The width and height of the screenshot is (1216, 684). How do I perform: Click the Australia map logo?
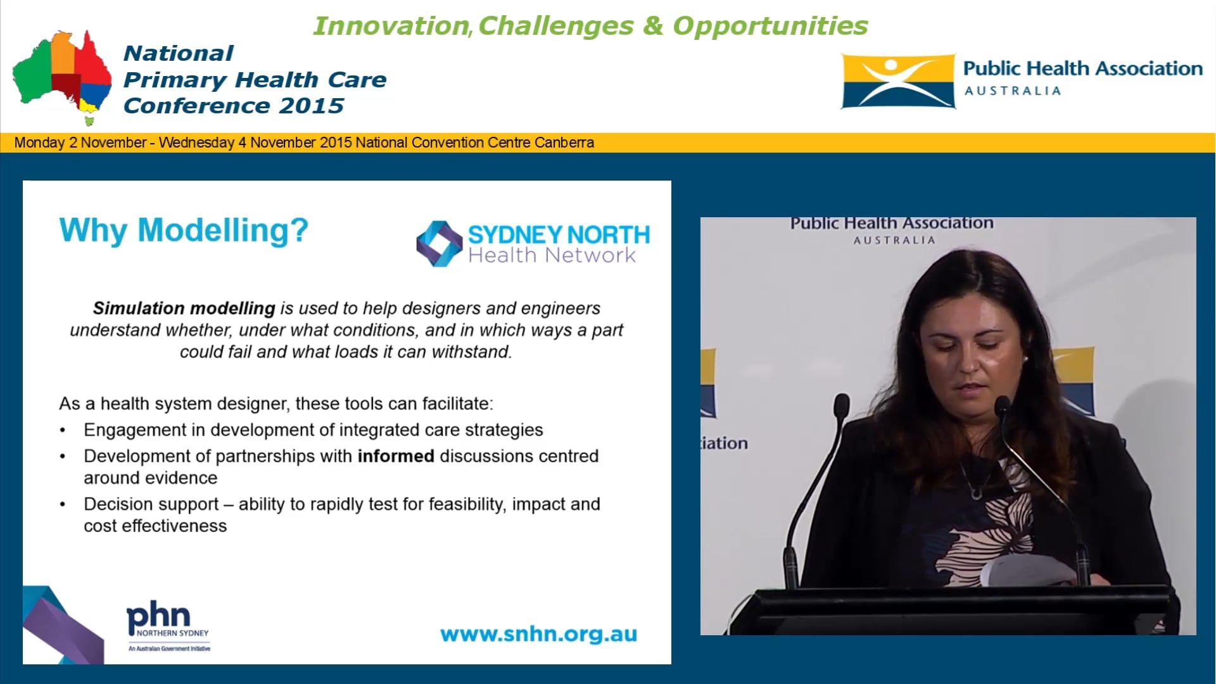click(62, 76)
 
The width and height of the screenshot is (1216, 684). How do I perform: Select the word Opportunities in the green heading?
click(769, 26)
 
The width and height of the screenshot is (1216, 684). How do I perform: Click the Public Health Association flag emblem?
click(897, 81)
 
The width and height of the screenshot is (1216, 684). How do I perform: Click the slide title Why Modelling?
click(184, 230)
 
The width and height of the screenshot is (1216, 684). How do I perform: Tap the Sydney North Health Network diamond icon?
click(439, 243)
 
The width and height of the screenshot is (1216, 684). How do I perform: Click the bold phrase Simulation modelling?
click(184, 308)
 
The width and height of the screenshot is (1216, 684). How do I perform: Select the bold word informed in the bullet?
click(396, 456)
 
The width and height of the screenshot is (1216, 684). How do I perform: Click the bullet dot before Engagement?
click(63, 431)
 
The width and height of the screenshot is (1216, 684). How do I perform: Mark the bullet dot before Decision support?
click(63, 505)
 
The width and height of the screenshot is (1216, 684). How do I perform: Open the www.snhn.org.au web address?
click(538, 634)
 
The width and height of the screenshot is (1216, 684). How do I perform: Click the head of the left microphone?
click(842, 405)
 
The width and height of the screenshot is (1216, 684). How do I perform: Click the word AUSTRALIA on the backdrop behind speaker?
click(894, 241)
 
